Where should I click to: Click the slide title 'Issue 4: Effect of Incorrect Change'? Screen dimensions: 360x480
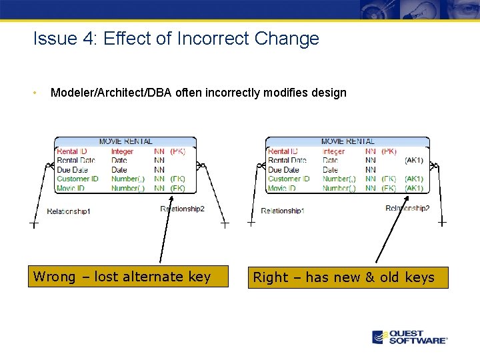click(176, 39)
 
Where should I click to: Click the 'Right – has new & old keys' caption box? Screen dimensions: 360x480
click(348, 277)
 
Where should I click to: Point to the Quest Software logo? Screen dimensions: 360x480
click(409, 337)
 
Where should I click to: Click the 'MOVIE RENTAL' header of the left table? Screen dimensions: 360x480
click(125, 141)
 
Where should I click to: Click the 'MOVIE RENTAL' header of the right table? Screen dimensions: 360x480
click(347, 141)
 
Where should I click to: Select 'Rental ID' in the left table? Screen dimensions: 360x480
click(72, 151)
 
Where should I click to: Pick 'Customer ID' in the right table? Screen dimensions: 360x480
click(289, 179)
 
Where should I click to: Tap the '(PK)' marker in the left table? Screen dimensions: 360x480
click(178, 151)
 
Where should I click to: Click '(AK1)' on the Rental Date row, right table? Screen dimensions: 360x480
click(413, 161)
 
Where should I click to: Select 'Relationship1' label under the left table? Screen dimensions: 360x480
click(69, 211)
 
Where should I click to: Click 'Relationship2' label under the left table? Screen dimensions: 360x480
click(182, 209)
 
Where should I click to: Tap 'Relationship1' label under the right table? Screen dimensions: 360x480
click(283, 211)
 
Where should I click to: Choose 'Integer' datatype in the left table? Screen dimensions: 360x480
click(122, 151)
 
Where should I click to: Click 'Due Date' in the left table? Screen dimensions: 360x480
click(73, 170)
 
